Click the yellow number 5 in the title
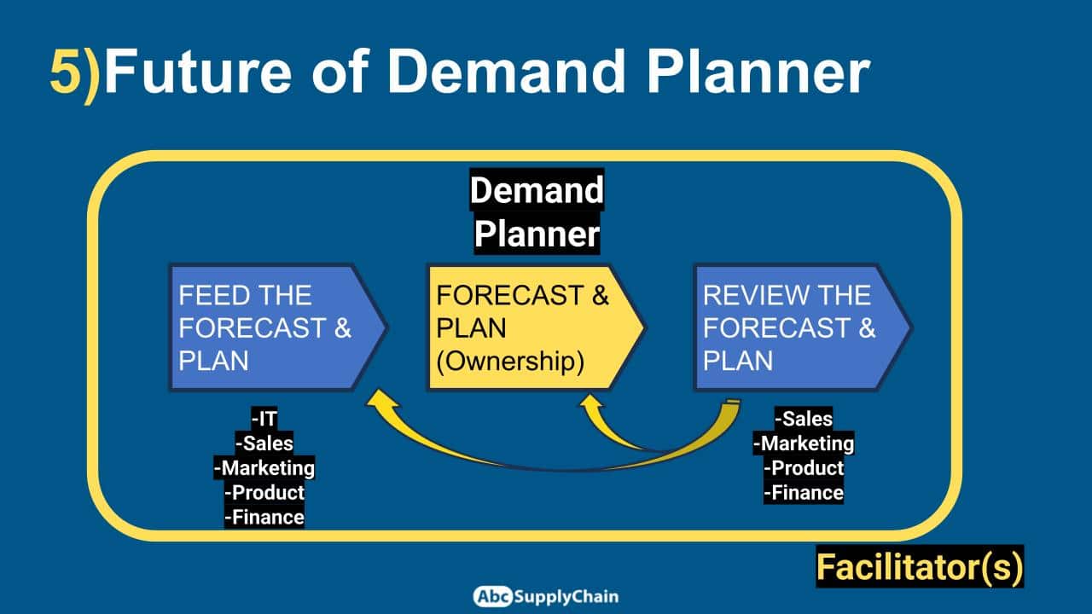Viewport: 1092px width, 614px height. coord(66,72)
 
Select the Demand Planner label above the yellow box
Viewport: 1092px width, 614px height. coord(537,211)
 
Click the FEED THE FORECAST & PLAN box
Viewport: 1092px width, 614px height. coord(278,327)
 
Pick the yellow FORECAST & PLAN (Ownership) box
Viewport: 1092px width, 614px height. coord(537,327)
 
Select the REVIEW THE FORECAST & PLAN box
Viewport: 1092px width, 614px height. coord(803,327)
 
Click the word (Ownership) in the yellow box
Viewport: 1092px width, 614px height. coord(510,361)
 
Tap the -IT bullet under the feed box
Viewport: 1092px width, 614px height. coord(264,418)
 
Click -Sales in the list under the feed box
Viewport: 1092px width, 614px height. coord(264,443)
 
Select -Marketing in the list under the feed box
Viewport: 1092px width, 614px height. coord(264,468)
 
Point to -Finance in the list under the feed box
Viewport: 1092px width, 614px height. coord(264,517)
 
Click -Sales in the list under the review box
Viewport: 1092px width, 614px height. coord(804,419)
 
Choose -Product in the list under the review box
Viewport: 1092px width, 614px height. coord(804,468)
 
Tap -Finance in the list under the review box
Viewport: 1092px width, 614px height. coord(804,493)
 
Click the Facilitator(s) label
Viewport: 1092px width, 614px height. coord(920,567)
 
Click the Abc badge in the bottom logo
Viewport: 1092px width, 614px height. coord(492,596)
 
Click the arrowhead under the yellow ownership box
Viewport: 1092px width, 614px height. coord(591,402)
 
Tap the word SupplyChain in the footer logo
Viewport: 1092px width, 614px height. coord(566,597)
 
